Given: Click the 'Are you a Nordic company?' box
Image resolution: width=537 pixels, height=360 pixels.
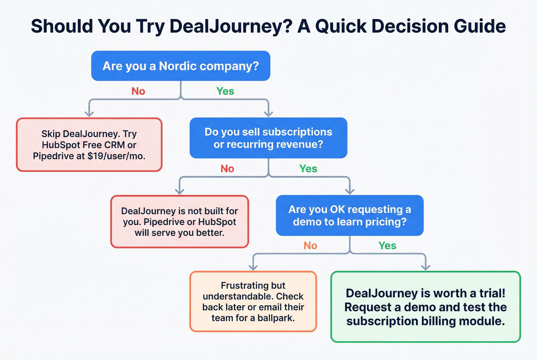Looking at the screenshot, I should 181,66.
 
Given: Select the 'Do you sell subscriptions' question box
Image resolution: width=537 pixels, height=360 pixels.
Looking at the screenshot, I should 268,138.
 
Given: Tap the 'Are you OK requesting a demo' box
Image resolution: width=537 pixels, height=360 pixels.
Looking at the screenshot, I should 349,215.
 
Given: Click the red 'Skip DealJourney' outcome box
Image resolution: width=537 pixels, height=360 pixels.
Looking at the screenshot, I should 89,145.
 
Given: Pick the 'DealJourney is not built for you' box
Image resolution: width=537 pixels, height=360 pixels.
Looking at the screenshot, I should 180,222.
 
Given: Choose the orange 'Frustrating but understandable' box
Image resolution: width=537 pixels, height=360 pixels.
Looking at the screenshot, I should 253,301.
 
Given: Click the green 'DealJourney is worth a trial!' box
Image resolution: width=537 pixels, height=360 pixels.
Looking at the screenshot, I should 425,307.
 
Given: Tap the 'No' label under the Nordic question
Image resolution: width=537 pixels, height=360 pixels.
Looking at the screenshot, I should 138,91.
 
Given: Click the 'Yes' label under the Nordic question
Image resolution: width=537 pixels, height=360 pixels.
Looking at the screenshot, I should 225,91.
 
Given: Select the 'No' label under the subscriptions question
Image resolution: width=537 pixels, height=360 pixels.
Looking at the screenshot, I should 227,169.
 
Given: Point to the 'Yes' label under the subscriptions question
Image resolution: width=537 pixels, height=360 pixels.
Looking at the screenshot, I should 308,169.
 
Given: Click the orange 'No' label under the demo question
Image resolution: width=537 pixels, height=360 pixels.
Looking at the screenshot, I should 310,246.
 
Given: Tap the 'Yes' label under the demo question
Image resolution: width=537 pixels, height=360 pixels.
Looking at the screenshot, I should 387,246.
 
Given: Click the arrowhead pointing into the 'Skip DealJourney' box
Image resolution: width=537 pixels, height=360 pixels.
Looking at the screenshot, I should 89,113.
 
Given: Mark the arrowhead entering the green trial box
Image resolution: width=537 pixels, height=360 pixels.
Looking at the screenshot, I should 425,267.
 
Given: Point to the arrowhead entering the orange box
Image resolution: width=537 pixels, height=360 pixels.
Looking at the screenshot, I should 253,267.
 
